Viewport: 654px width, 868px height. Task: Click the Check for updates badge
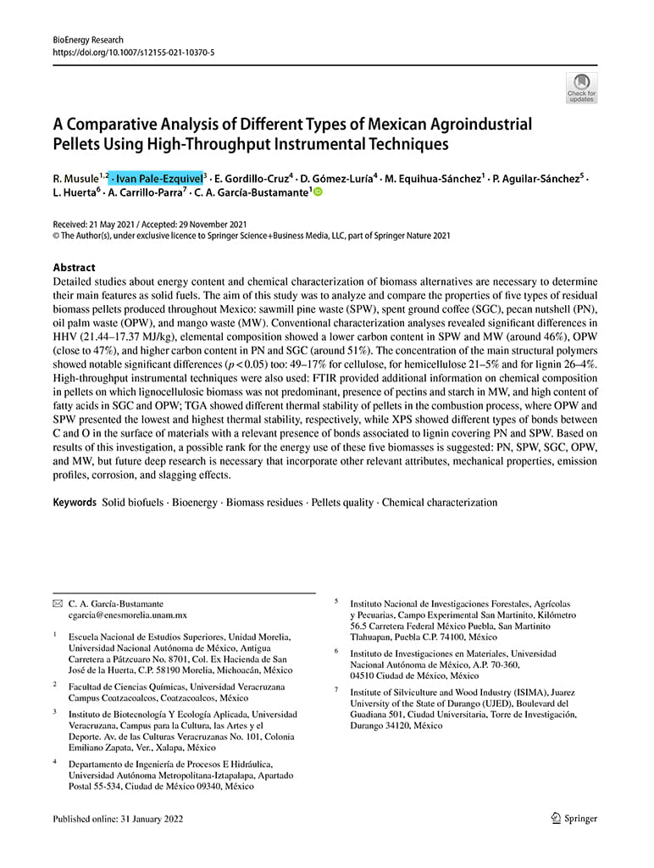(581, 87)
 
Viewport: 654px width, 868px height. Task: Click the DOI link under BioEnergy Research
(133, 52)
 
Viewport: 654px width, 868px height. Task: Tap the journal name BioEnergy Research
(88, 40)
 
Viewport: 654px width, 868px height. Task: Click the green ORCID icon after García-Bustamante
(319, 193)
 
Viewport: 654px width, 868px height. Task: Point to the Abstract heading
(74, 267)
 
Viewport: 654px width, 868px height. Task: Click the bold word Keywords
(75, 503)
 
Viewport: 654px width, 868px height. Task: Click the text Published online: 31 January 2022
(118, 819)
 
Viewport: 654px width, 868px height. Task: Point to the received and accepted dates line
(152, 223)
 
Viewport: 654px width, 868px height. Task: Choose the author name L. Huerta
(75, 193)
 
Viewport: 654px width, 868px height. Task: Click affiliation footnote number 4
(55, 763)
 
